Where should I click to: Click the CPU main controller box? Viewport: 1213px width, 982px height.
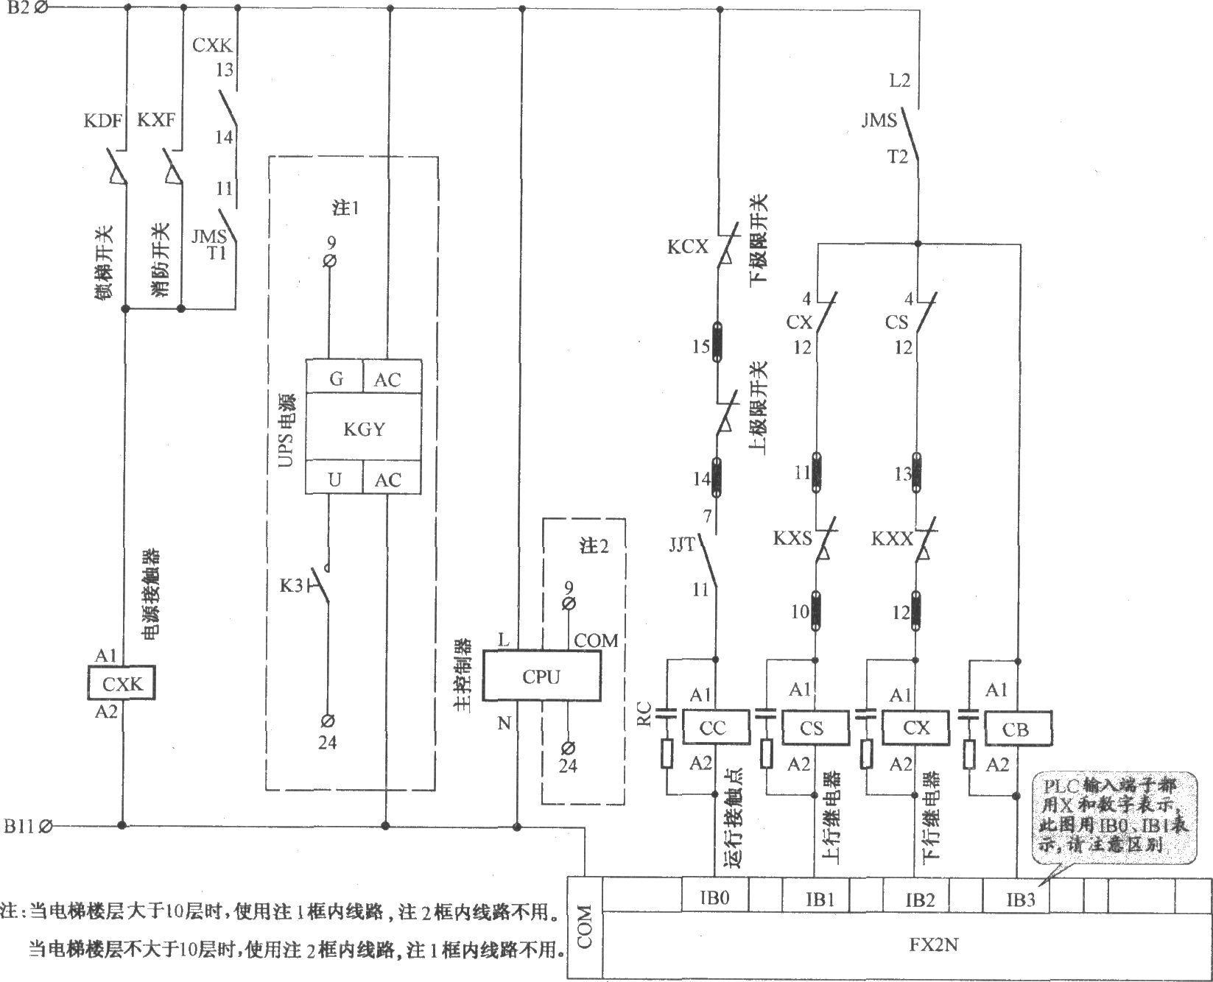tap(541, 676)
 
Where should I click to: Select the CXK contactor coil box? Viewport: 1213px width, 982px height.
tap(122, 683)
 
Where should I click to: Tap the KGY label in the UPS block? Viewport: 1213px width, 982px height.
tap(364, 428)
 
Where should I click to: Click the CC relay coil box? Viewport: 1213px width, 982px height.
tap(714, 727)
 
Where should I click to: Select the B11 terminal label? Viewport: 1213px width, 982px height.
tap(18, 825)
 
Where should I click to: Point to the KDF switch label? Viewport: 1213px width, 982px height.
tap(102, 120)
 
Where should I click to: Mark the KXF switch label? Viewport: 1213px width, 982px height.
tap(156, 120)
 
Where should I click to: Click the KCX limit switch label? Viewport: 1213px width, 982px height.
tap(687, 247)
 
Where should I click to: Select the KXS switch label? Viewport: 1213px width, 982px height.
tap(792, 539)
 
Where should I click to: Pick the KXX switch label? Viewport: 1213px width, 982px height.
tap(892, 539)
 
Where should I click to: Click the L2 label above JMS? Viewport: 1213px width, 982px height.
tap(900, 80)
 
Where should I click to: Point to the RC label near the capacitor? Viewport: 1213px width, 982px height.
tap(644, 714)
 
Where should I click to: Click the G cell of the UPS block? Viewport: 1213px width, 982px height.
tap(336, 379)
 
